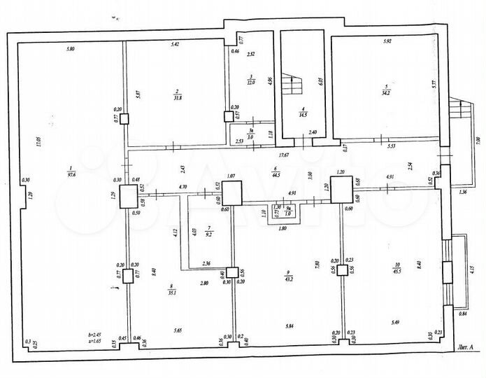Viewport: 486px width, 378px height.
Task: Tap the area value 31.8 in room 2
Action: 178,98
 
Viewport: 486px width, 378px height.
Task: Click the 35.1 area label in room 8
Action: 171,295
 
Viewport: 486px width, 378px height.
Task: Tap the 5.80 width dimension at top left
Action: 70,48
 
